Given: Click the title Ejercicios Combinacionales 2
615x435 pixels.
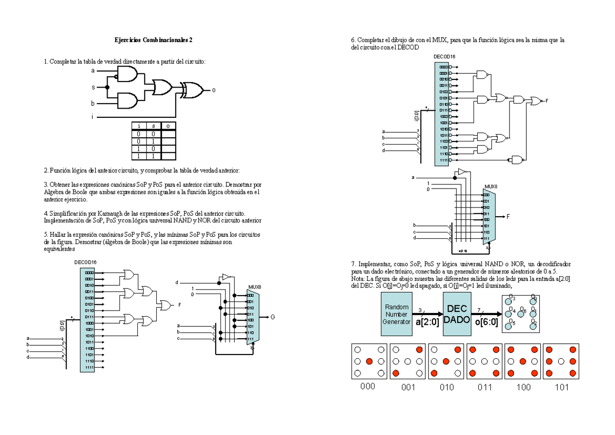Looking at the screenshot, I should tap(153, 40).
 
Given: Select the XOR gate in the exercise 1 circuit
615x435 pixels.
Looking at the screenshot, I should tap(194, 90).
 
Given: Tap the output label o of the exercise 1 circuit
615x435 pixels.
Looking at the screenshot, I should tap(214, 90).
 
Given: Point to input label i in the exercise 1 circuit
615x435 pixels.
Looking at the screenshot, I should tap(92, 117).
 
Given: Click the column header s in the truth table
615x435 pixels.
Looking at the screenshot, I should tap(153, 126).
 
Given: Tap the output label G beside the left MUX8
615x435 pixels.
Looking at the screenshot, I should tap(273, 317).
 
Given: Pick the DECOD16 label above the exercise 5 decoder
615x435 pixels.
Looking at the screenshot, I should tap(86, 262).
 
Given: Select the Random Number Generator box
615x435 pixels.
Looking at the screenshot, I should tap(396, 314).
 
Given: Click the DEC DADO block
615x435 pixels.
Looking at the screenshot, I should tap(456, 314).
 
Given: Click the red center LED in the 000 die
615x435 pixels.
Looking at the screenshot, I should tap(368, 362).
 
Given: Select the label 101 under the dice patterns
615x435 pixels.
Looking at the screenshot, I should tap(562, 387).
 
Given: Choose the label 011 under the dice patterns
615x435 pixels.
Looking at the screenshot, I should tap(485, 387).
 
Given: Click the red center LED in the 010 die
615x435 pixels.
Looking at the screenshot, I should tap(446, 362).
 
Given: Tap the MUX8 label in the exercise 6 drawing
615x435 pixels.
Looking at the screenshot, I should tap(491, 187).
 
